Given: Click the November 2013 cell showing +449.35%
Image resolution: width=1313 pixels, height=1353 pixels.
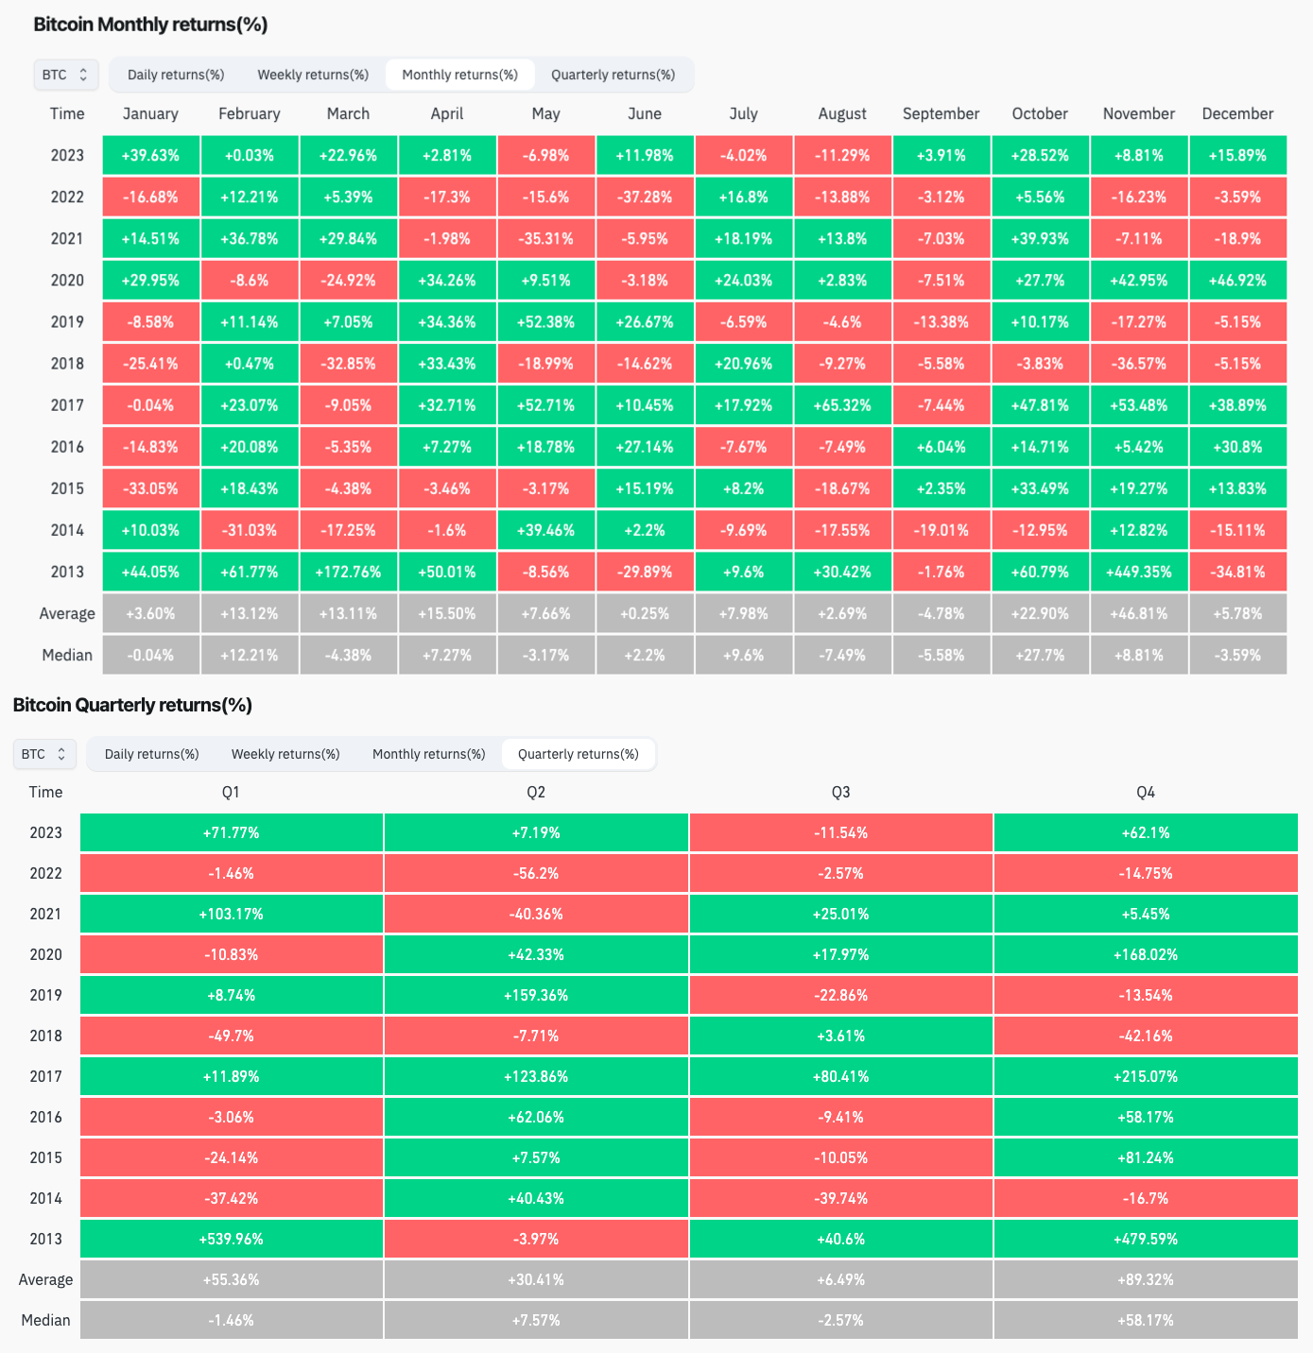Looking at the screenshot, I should [x=1138, y=572].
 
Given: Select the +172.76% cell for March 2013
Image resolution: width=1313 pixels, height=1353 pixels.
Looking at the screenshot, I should [x=348, y=572].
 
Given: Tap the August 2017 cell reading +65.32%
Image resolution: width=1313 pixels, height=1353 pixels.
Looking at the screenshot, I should [x=842, y=405].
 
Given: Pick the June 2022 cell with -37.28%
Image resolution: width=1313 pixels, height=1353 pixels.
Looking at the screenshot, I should [x=645, y=197].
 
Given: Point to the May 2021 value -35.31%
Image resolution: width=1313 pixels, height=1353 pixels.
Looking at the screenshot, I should [x=545, y=239].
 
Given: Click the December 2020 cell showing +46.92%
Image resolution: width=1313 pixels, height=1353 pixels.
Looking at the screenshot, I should [x=1237, y=281].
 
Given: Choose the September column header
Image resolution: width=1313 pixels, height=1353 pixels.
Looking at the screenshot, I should [x=941, y=113].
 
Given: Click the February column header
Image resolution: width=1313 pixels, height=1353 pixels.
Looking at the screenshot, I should [x=250, y=113].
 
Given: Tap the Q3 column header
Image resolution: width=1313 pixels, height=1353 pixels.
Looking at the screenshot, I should [x=840, y=792].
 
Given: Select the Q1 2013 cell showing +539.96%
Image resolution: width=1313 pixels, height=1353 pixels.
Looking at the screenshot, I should [x=232, y=1239].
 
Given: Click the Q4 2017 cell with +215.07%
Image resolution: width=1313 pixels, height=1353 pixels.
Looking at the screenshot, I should [x=1146, y=1076].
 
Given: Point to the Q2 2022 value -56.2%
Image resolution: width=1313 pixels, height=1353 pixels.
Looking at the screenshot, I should [x=536, y=873].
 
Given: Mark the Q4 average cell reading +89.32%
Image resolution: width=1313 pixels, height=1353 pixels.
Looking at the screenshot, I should [x=1146, y=1279].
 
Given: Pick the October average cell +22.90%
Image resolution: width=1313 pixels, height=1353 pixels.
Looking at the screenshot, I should [x=1040, y=613].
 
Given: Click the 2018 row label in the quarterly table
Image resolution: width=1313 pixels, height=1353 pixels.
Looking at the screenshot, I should [x=45, y=1036].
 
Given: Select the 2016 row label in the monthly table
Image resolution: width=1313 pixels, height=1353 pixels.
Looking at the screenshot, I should [x=67, y=447].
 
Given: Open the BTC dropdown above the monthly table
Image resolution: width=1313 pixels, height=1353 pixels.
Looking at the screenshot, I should [x=66, y=75].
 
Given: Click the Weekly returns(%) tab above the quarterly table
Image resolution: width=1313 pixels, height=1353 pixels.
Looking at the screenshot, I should [x=285, y=754].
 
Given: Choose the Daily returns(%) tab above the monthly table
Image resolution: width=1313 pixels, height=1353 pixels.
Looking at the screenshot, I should [x=176, y=75].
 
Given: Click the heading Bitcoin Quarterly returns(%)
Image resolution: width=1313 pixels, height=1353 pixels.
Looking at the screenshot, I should [x=132, y=705].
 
